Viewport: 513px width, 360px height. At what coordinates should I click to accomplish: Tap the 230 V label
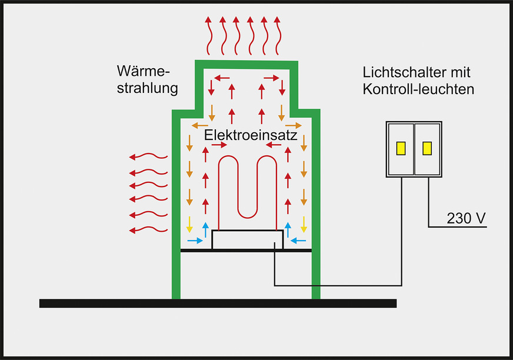(466, 218)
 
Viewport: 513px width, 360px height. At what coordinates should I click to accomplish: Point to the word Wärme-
(143, 74)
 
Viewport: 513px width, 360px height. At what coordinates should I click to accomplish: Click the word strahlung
(147, 89)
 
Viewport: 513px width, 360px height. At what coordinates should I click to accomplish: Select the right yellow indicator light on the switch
(427, 149)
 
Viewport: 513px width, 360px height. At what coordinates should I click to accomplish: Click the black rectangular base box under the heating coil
(247, 239)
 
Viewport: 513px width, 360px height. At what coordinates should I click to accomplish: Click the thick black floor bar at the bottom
(218, 303)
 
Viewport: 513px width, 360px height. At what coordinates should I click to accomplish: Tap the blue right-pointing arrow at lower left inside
(194, 241)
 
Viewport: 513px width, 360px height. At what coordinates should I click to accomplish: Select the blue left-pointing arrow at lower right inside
(299, 241)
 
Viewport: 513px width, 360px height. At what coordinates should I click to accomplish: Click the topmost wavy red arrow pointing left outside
(149, 156)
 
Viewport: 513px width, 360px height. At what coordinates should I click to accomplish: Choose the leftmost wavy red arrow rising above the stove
(208, 35)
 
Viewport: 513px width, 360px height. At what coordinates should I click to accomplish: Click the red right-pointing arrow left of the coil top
(219, 145)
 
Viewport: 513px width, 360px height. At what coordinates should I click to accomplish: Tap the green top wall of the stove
(247, 64)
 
